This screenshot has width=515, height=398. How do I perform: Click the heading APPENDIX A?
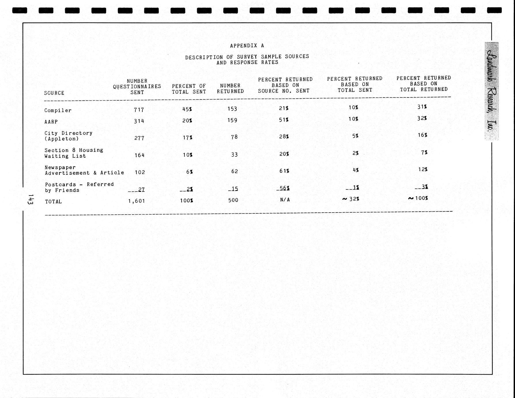point(247,46)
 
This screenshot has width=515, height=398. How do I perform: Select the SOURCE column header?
point(54,93)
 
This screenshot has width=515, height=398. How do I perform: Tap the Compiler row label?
point(58,110)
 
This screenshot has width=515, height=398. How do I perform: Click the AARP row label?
point(51,122)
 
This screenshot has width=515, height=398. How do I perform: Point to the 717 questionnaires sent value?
point(139,110)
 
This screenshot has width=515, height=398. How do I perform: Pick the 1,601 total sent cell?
point(137,201)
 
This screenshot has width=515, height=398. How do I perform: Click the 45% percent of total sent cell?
point(187,109)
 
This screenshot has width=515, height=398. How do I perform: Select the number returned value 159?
point(232,120)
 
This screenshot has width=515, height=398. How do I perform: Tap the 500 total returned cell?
point(233,200)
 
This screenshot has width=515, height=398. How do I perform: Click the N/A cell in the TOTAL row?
point(285,200)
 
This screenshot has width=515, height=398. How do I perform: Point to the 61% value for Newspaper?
point(284,171)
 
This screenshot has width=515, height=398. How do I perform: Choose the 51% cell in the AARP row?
point(284,120)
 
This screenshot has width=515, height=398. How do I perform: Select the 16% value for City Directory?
point(422,135)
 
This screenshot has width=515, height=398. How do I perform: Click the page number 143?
point(30,199)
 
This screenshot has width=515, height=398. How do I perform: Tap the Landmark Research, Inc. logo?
point(492,91)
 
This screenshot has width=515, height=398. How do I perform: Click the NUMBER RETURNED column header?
point(230,88)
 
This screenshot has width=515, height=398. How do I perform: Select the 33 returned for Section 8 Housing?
point(234,155)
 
